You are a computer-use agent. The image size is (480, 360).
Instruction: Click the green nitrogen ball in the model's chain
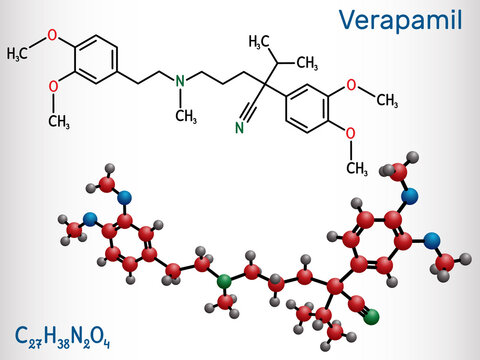click(x=225, y=282)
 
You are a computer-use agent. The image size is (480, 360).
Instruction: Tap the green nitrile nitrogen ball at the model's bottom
click(x=372, y=320)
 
